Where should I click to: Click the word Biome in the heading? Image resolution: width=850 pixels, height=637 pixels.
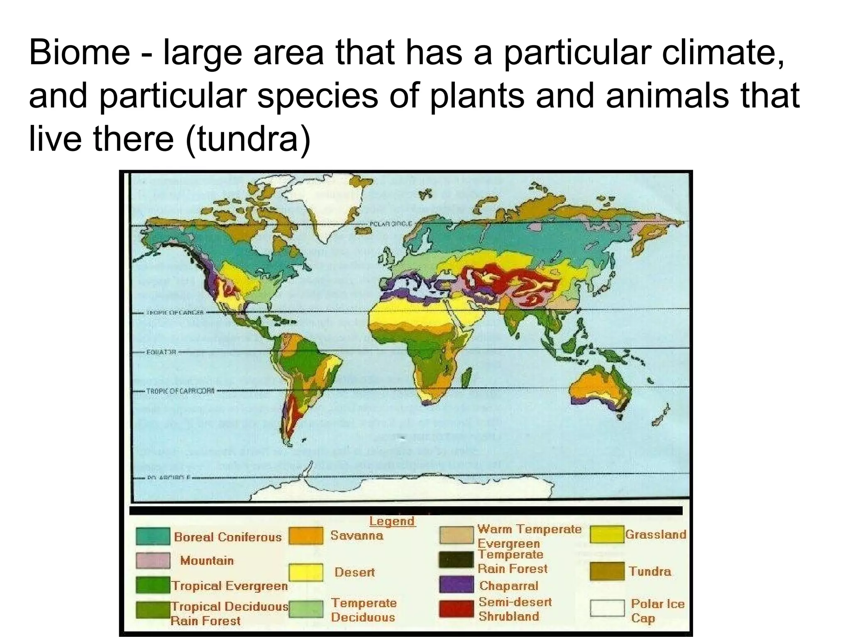point(79,53)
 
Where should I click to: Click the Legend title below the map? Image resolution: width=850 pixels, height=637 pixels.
point(392,521)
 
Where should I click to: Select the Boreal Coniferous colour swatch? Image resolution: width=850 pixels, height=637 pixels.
point(153,536)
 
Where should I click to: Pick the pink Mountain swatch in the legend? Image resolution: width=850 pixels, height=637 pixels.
point(153,560)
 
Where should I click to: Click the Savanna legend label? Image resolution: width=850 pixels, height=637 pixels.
point(357,535)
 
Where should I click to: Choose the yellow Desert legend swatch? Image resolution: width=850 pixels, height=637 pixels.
point(306,572)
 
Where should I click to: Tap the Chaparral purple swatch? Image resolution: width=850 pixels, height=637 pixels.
point(456,585)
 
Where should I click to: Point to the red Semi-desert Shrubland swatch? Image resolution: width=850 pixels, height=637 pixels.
point(456,609)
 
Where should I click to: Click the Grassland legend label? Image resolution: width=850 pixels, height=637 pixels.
point(655,535)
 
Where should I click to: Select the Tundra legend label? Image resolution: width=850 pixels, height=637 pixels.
point(650,571)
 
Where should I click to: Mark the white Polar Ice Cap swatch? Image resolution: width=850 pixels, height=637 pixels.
point(607,608)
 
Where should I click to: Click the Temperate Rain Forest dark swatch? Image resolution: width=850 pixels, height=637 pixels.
point(456,559)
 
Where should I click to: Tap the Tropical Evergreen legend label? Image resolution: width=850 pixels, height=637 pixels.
point(230,586)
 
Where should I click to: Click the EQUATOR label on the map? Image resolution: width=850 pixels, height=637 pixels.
point(161,352)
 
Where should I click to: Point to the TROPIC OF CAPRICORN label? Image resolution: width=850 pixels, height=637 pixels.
point(180,391)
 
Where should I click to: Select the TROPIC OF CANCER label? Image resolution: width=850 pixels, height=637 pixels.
point(174,312)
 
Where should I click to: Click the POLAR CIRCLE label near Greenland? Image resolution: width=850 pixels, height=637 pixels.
point(390,224)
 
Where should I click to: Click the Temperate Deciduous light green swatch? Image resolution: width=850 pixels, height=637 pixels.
point(306,609)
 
